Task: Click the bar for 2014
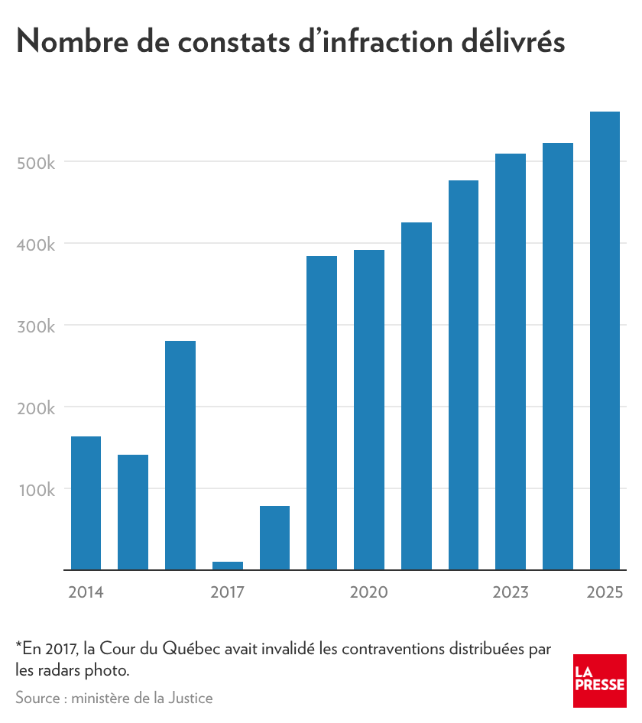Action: [86, 503]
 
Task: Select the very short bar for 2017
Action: [228, 566]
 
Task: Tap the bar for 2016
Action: [180, 456]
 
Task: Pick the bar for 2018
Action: [274, 538]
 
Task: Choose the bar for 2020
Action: [369, 410]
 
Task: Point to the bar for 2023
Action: [511, 361]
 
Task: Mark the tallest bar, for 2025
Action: [605, 341]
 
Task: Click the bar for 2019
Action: [322, 413]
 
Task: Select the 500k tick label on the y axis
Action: [37, 162]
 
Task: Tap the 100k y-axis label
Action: [37, 489]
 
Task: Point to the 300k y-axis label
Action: [37, 326]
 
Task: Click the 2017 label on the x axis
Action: [228, 592]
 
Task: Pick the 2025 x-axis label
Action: [605, 592]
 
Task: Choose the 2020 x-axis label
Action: [369, 592]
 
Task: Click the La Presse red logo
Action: [600, 680]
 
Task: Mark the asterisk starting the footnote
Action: [18, 647]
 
